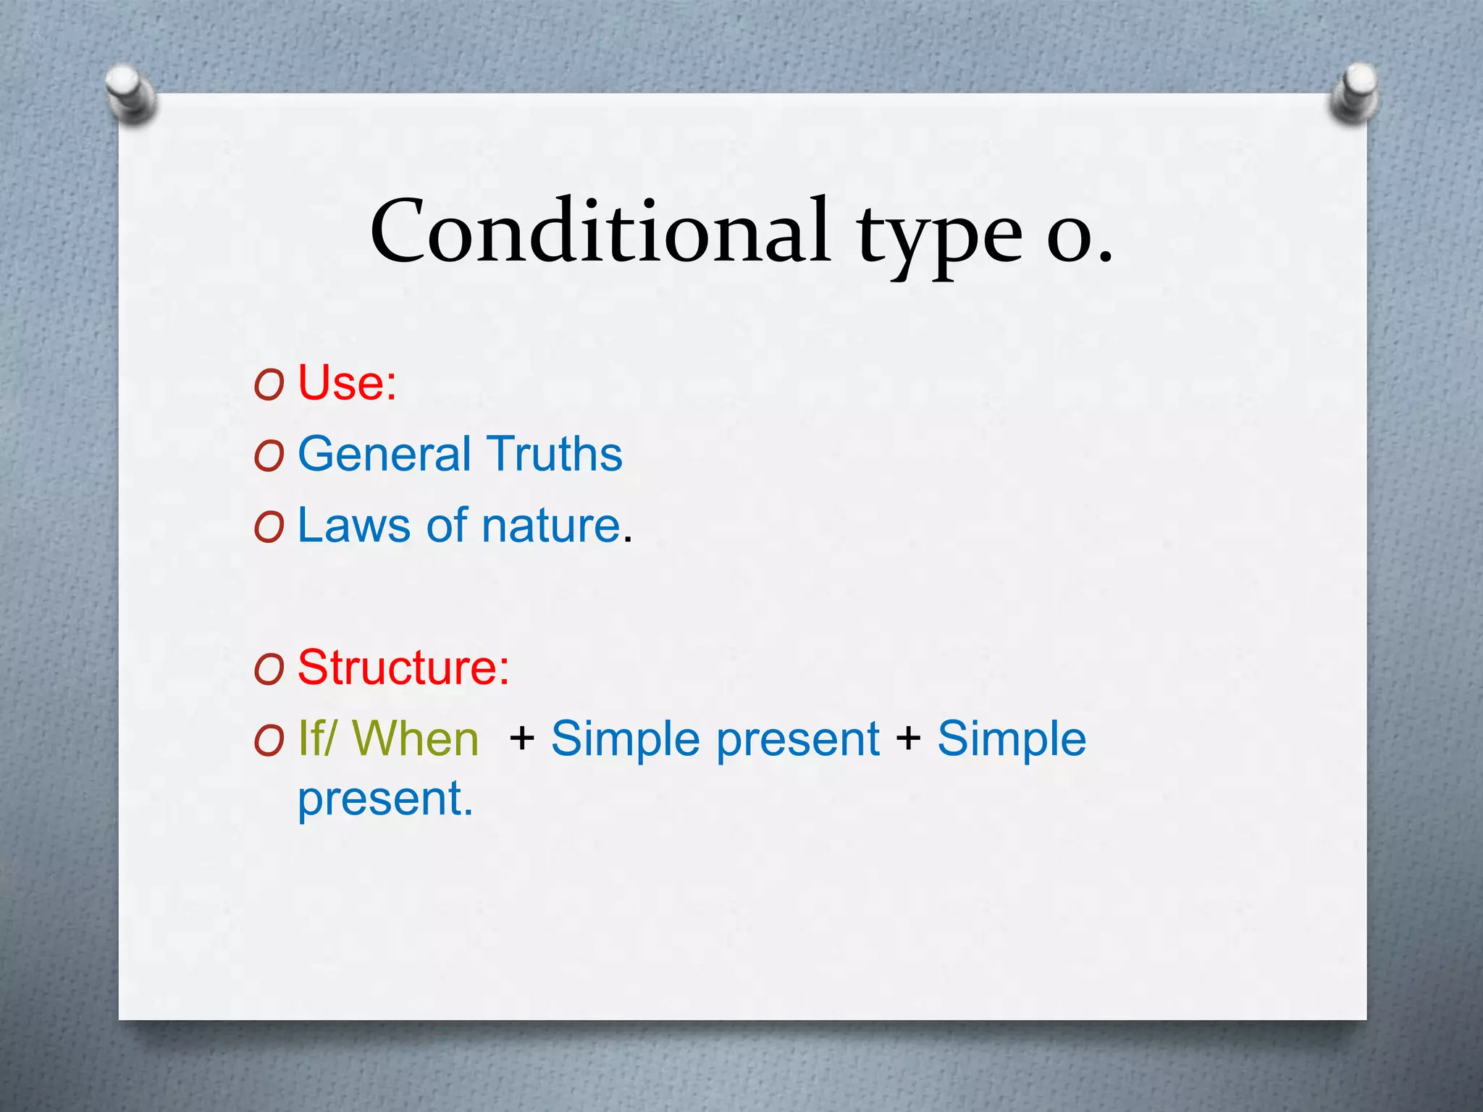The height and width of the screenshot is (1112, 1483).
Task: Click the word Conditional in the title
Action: [600, 232]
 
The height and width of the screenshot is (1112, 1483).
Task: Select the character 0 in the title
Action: [1070, 239]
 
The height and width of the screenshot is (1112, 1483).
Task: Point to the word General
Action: [384, 454]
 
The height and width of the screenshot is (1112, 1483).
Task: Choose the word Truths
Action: [554, 454]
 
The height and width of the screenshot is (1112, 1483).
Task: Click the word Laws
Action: [353, 525]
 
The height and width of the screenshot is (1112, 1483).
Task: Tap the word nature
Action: [550, 526]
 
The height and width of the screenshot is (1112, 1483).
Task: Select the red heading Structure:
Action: [403, 667]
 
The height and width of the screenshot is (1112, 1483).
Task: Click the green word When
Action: [416, 739]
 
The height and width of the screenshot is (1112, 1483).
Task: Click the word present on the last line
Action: [385, 799]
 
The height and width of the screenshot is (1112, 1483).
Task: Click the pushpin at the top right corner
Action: [1353, 92]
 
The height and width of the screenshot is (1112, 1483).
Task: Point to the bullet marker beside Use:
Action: [269, 386]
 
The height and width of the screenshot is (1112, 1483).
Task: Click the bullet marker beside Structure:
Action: [269, 670]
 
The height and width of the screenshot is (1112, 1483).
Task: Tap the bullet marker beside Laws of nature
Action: [269, 528]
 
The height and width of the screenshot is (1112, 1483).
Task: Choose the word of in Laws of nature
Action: [446, 525]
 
